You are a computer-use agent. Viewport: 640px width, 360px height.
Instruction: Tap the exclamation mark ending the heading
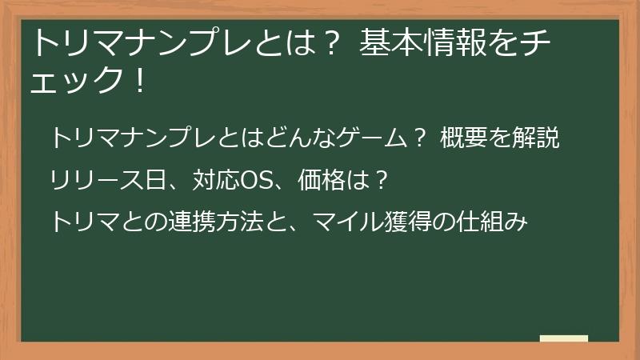coord(140,81)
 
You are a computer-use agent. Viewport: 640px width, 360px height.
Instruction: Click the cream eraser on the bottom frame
coord(563,338)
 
